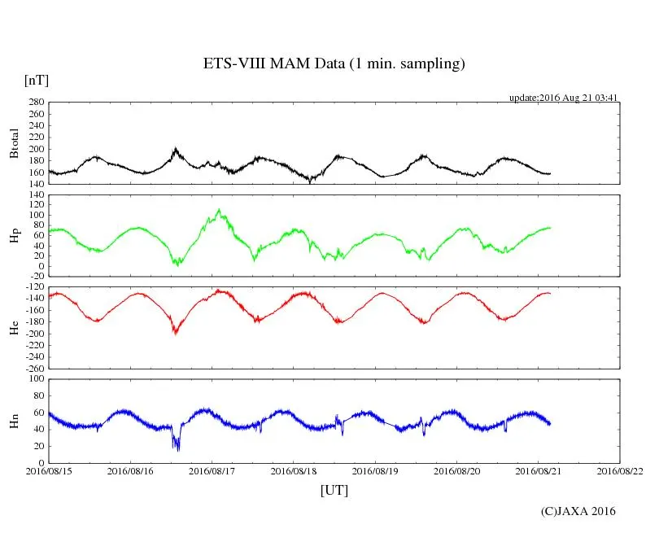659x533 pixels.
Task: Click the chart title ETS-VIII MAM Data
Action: [334, 64]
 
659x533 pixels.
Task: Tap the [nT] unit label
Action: [36, 80]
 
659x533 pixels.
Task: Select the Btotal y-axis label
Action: [14, 143]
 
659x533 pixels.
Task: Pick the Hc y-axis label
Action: [14, 328]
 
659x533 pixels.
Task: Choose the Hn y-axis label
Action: [14, 421]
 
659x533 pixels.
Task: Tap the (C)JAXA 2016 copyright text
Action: [578, 511]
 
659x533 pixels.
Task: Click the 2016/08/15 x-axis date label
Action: [49, 470]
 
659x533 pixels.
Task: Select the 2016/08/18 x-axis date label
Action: [294, 470]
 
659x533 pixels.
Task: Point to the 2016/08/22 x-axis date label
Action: [620, 470]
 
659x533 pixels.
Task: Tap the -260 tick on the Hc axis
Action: [33, 368]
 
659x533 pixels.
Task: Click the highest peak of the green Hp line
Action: [219, 210]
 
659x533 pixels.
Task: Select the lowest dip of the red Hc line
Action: [175, 334]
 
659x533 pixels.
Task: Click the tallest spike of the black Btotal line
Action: [176, 148]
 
